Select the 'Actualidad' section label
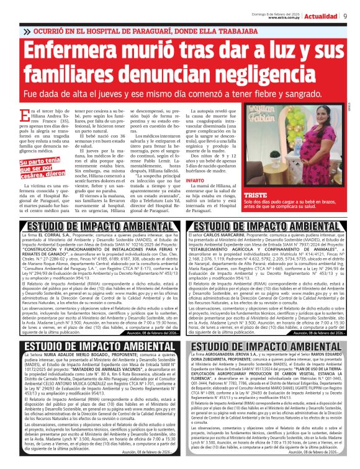click(323, 16)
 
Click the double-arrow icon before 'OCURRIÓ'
click(26, 30)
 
